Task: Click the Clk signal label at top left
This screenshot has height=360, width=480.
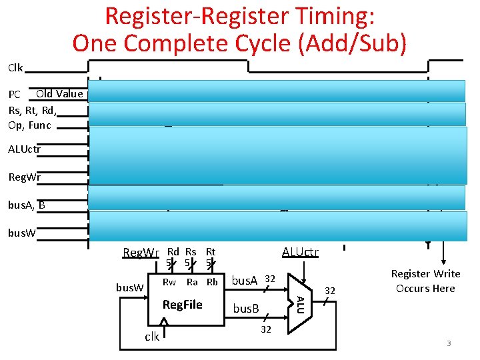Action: click(15, 67)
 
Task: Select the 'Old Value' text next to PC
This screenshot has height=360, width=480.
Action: click(59, 94)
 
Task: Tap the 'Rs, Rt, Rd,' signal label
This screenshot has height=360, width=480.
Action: click(33, 109)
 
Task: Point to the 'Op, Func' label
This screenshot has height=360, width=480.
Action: click(29, 124)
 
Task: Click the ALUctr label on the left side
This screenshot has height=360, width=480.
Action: click(24, 149)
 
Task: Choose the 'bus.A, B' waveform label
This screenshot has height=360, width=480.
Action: click(27, 205)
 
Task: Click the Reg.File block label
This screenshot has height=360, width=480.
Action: click(183, 305)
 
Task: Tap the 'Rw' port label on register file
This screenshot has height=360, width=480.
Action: click(169, 282)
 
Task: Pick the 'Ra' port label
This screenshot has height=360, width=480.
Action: click(192, 282)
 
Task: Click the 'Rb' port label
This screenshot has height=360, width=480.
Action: click(212, 282)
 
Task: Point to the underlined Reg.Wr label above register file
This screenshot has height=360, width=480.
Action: click(141, 253)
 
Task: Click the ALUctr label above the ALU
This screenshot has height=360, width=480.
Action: click(300, 252)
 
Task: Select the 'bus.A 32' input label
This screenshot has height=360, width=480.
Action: click(253, 280)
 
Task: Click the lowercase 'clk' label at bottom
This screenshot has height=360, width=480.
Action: click(152, 336)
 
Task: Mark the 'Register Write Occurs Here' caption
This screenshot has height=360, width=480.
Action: click(425, 281)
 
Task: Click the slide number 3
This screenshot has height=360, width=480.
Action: click(449, 343)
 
